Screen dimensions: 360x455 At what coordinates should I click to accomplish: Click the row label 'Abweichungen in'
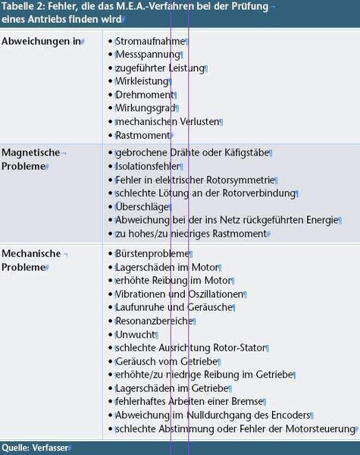(x=40, y=40)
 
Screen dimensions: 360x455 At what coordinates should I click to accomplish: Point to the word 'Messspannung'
(x=148, y=55)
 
